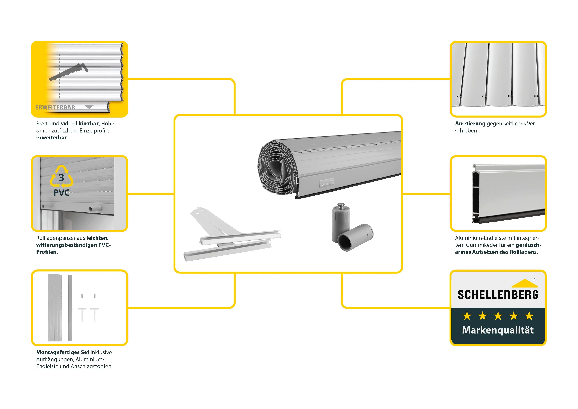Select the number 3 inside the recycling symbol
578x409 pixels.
(61, 178)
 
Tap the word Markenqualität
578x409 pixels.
(498, 330)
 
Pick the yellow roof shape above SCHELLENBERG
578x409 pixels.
(525, 283)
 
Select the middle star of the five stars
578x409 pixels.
(498, 316)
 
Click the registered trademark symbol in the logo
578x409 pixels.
(535, 280)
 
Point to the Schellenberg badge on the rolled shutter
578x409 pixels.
(327, 183)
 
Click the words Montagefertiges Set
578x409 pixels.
(63, 352)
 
